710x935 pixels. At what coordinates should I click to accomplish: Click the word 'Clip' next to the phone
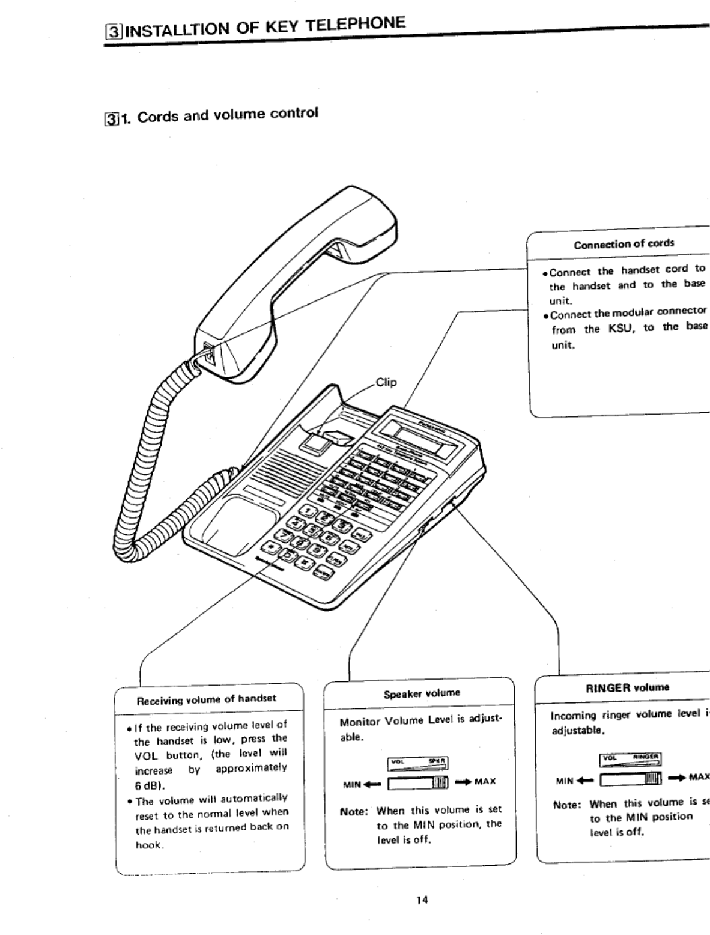point(386,382)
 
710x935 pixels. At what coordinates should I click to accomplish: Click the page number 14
point(422,900)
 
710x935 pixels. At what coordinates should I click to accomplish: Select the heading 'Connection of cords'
point(624,244)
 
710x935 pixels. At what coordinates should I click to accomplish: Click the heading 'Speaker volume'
point(422,693)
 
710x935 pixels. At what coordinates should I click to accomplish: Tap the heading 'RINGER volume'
point(627,687)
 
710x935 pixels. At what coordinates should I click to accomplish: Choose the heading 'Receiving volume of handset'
point(207,699)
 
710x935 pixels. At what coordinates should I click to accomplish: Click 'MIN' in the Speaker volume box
point(352,784)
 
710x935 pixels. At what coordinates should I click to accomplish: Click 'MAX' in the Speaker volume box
point(485,782)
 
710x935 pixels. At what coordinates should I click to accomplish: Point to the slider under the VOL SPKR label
point(419,782)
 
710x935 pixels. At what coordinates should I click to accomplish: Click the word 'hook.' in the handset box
point(148,845)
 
